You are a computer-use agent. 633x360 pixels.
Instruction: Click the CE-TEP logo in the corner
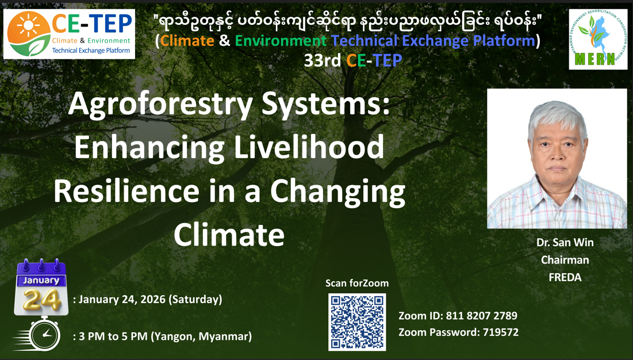point(69,34)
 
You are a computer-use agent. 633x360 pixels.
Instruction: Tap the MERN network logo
point(598,39)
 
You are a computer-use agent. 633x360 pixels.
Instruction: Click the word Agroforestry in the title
point(160,105)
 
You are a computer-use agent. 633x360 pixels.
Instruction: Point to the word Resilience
point(126,191)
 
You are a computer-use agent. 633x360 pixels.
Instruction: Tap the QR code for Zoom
point(357,322)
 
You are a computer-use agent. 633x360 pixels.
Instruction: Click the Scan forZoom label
point(357,284)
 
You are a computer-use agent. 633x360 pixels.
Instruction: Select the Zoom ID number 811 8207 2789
point(481,316)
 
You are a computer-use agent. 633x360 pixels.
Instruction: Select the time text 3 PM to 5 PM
point(113,336)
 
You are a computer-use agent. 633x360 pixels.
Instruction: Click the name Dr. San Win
point(565,242)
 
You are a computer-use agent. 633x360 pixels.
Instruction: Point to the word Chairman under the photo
point(565,260)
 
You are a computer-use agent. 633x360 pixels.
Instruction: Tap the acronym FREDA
point(565,277)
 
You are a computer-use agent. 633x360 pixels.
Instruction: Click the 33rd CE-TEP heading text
point(353,60)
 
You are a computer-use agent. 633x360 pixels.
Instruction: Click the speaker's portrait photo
point(557,159)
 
